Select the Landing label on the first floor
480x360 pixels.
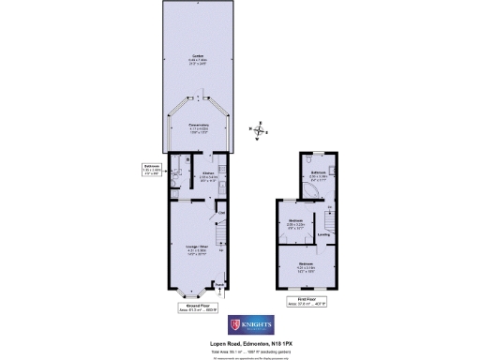[323, 234]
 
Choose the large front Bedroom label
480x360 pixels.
[306, 267]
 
